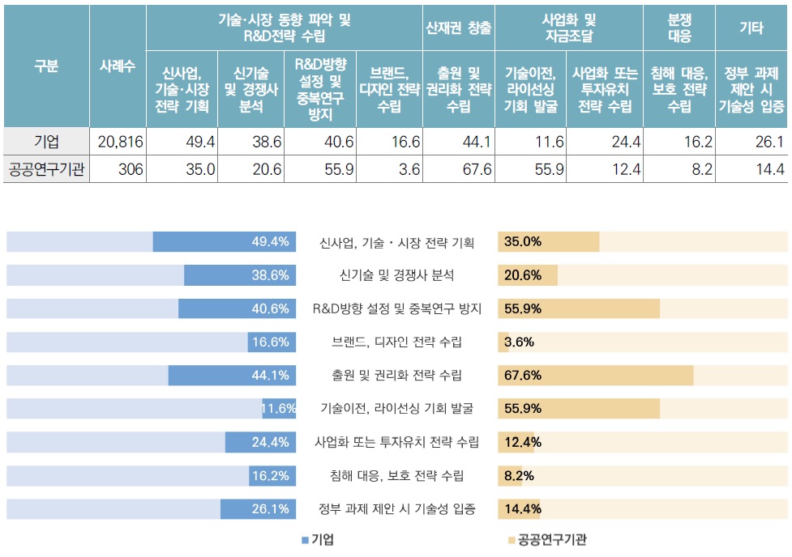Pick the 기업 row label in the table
tap(45, 142)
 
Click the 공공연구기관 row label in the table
tap(45, 170)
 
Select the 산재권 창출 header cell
tap(459, 28)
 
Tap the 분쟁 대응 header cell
tap(679, 28)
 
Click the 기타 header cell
tap(751, 28)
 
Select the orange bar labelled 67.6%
tap(596, 375)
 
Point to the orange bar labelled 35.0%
tap(549, 242)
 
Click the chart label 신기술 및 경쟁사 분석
tap(396, 275)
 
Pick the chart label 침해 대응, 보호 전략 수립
tap(396, 475)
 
